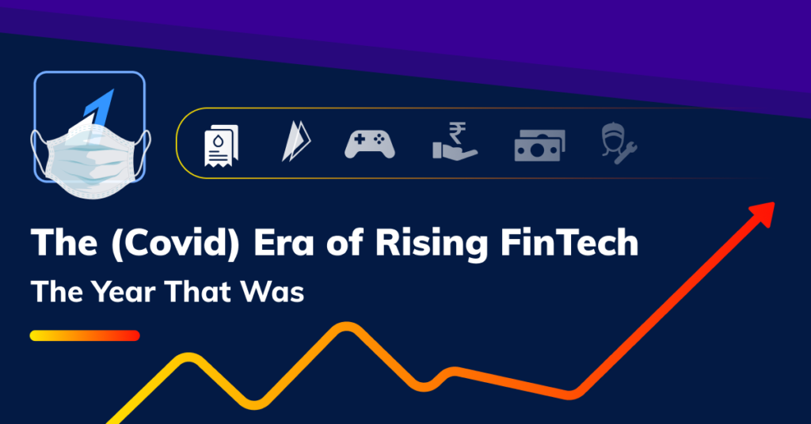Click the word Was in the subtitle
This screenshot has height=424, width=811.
276,292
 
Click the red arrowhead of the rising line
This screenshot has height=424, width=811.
763,210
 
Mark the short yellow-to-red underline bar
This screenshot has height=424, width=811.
85,335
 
